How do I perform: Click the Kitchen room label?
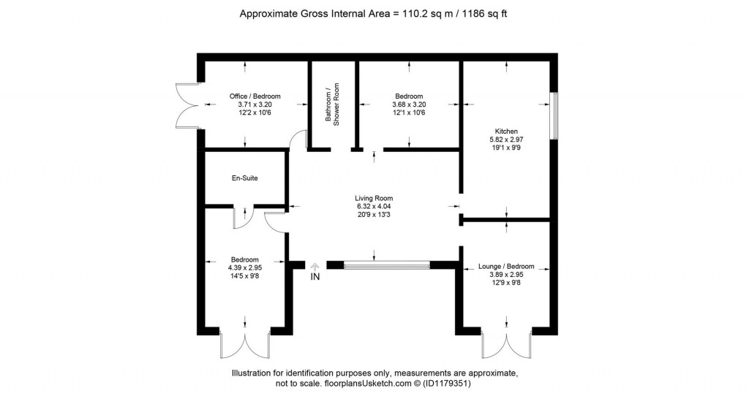point(506,131)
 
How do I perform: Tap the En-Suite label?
point(244,178)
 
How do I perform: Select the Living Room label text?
point(374,198)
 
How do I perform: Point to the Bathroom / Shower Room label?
point(333,105)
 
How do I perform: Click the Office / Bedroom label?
point(255,96)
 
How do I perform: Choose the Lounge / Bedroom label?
point(505,267)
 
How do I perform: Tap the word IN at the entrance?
point(315,278)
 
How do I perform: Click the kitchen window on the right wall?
point(554,115)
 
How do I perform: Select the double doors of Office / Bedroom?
point(187,106)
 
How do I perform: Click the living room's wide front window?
point(387,266)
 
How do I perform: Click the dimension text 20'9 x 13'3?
point(374,215)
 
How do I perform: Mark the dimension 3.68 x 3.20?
point(409,104)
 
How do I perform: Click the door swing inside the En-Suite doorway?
point(243,214)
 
